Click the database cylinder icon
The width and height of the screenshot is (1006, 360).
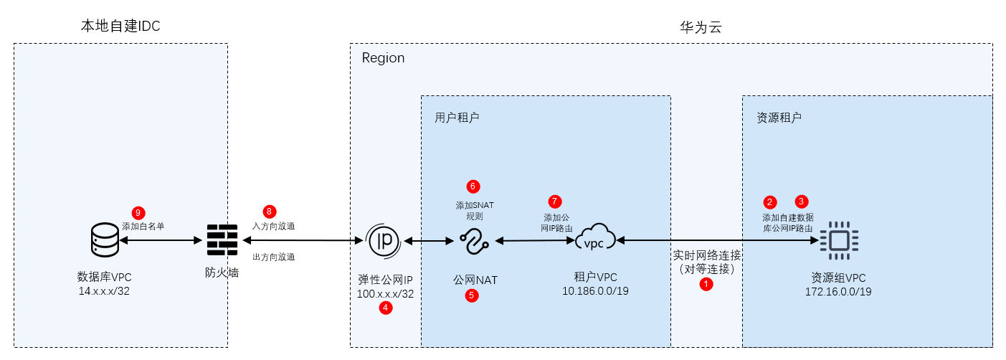click(x=105, y=240)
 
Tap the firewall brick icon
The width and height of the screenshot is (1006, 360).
click(x=222, y=241)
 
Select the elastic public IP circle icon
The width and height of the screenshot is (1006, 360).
click(x=384, y=241)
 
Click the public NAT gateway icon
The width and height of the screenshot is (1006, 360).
click(x=474, y=241)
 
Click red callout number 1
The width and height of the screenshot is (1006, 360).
click(x=706, y=284)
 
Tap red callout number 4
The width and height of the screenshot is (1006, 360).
click(x=386, y=308)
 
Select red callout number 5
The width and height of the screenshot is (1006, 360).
click(x=471, y=294)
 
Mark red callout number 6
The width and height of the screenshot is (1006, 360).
click(x=473, y=186)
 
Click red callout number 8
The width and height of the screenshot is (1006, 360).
click(x=269, y=212)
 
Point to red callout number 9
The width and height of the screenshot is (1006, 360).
click(x=138, y=212)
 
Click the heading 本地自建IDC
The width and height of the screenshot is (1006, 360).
click(x=120, y=27)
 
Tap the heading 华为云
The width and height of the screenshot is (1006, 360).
click(x=700, y=28)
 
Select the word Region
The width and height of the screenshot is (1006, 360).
click(x=383, y=58)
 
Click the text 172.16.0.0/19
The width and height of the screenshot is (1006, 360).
click(x=838, y=292)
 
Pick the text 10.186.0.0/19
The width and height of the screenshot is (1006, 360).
click(x=595, y=290)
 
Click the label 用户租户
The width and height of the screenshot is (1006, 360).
click(x=457, y=117)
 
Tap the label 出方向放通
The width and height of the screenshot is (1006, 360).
click(x=273, y=257)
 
